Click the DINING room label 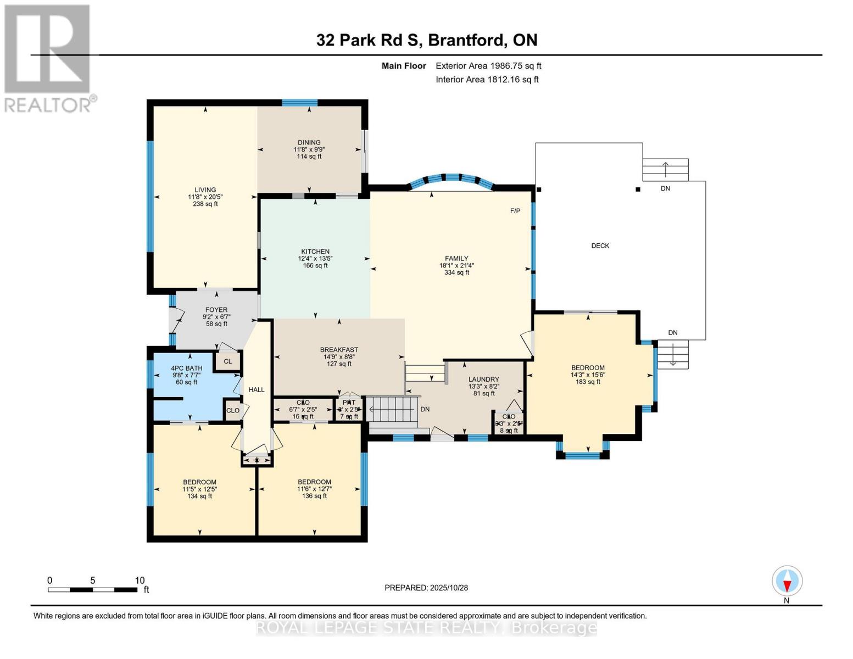pyautogui.click(x=309, y=142)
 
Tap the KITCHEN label pyautogui.click(x=315, y=252)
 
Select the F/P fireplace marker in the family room pyautogui.click(x=515, y=211)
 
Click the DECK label pyautogui.click(x=600, y=245)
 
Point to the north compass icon pyautogui.click(x=787, y=581)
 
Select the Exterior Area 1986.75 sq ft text pyautogui.click(x=488, y=66)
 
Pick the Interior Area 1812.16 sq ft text pyautogui.click(x=487, y=80)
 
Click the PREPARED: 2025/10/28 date pyautogui.click(x=426, y=588)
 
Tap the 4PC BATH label pyautogui.click(x=186, y=368)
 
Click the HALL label pyautogui.click(x=257, y=389)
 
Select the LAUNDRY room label pyautogui.click(x=483, y=379)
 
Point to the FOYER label pyautogui.click(x=216, y=310)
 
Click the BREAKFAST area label pyautogui.click(x=339, y=350)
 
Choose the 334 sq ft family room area pyautogui.click(x=456, y=272)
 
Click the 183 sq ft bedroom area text pyautogui.click(x=587, y=382)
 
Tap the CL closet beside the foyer pyautogui.click(x=227, y=361)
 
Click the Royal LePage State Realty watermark pyautogui.click(x=426, y=628)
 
